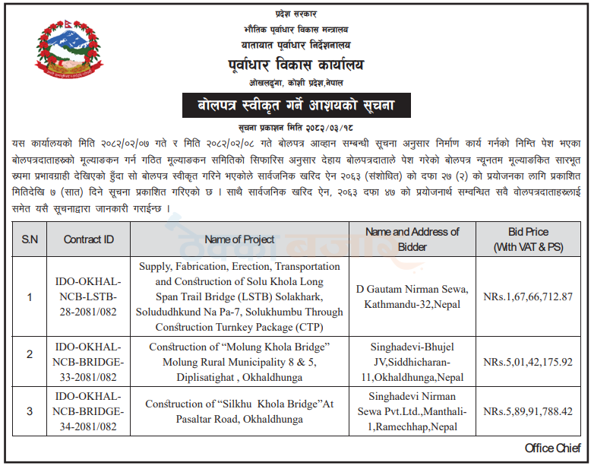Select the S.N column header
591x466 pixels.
tap(30, 239)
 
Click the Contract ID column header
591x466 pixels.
tap(89, 239)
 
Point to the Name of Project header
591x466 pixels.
tap(240, 239)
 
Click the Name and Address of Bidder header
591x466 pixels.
tap(412, 239)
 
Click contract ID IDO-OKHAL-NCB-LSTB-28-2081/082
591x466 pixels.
tap(87, 296)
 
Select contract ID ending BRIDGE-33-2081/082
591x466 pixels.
tap(87, 362)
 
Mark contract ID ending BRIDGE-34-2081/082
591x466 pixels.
tap(87, 411)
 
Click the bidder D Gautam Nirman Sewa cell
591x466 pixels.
tap(412, 296)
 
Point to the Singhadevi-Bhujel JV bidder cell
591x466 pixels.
tap(412, 362)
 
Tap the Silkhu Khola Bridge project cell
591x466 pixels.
tap(240, 411)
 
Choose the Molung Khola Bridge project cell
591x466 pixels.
tap(240, 362)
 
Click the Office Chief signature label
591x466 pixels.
tap(552, 449)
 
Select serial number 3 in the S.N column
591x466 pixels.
tap(30, 411)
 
